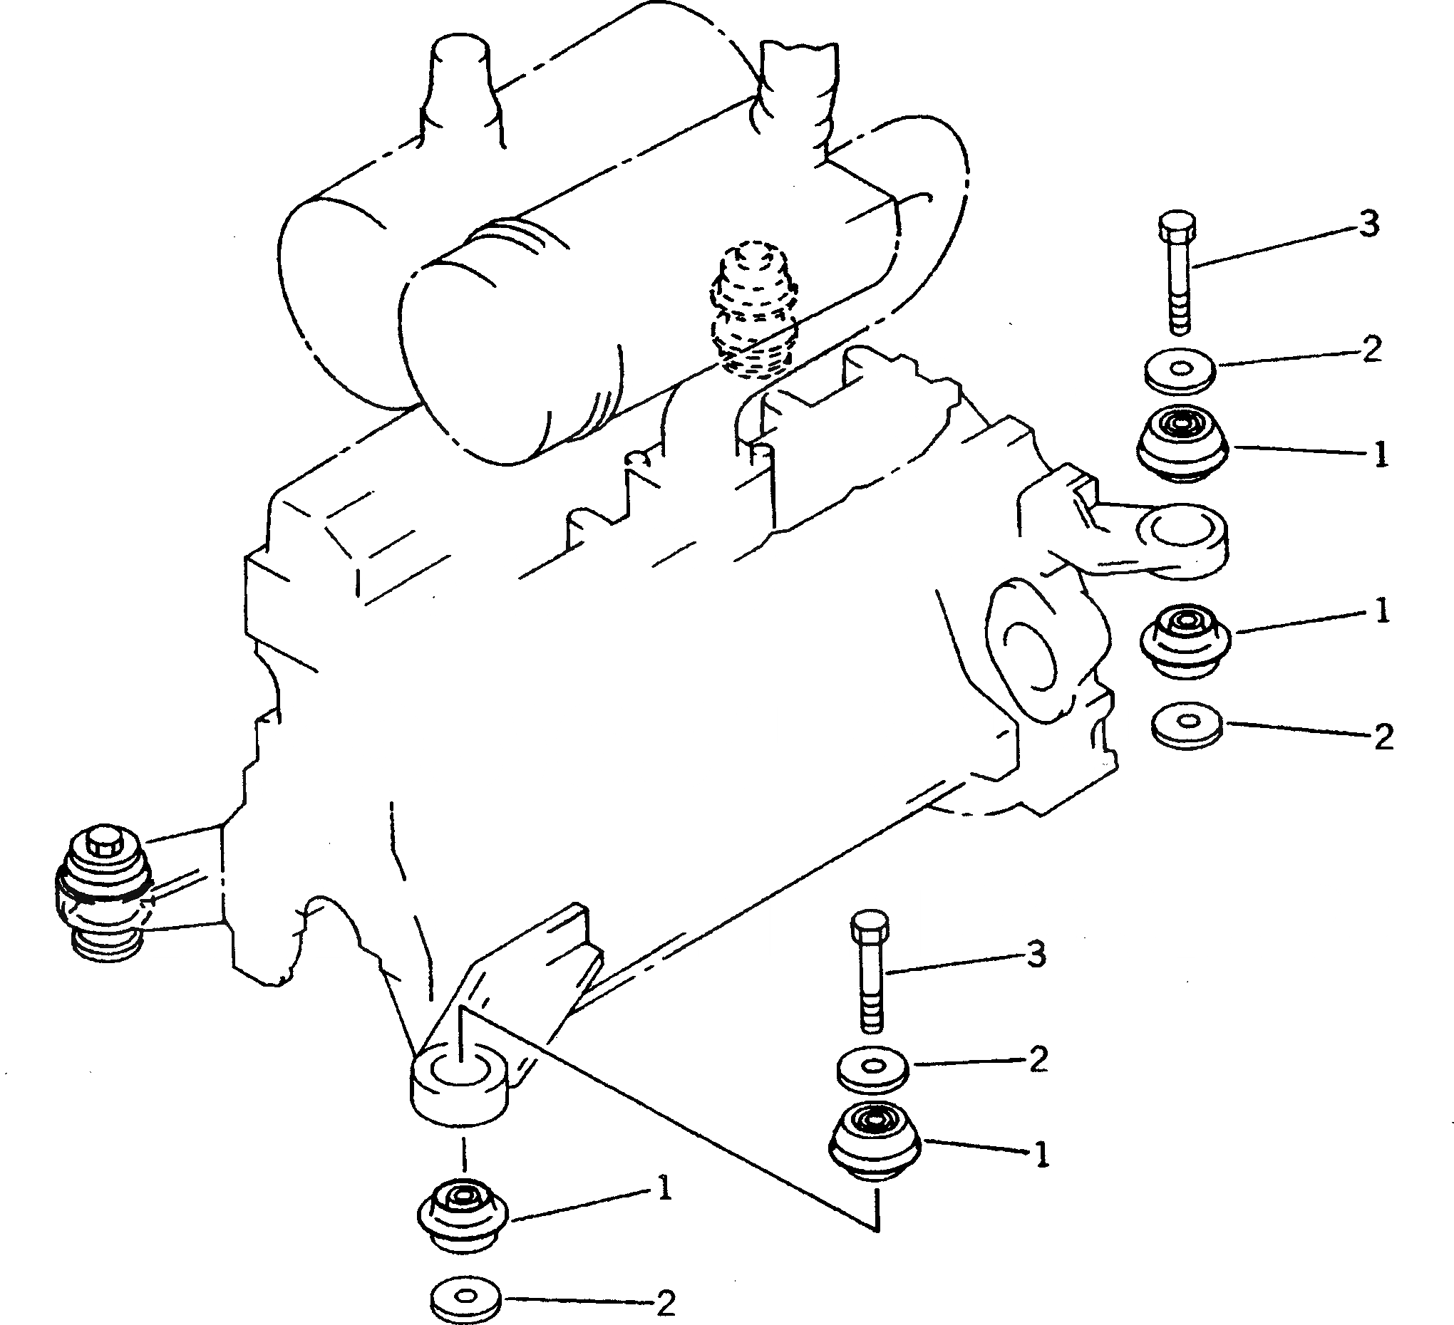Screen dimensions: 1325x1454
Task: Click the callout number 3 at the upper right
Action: pos(1368,224)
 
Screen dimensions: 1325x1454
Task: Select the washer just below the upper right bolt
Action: pos(1180,370)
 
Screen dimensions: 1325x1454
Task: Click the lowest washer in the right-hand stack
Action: pos(1187,724)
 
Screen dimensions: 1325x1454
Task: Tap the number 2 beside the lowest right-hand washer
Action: pos(1383,737)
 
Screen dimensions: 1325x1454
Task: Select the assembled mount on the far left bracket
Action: pos(104,891)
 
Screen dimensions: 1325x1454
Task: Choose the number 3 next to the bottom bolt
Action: pos(1036,956)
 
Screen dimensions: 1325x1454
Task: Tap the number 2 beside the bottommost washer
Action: pos(666,1302)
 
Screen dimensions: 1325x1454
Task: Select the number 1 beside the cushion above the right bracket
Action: pos(1380,455)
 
